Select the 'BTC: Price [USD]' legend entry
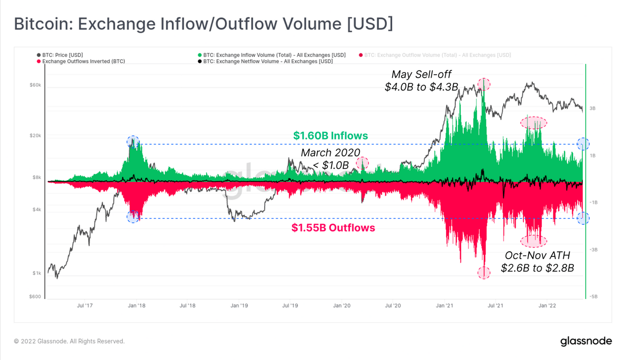62,55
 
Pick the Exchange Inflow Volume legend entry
274,55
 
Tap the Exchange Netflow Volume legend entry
268,61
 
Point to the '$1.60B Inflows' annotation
330,136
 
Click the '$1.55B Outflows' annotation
333,228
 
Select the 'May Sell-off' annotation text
421,75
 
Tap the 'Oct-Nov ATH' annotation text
537,255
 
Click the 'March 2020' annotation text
330,153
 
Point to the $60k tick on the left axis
35,85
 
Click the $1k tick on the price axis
37,273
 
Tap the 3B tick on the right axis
592,108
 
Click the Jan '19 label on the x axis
239,306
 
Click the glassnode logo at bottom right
586,341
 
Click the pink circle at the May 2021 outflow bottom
484,272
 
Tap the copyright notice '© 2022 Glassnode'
69,341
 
